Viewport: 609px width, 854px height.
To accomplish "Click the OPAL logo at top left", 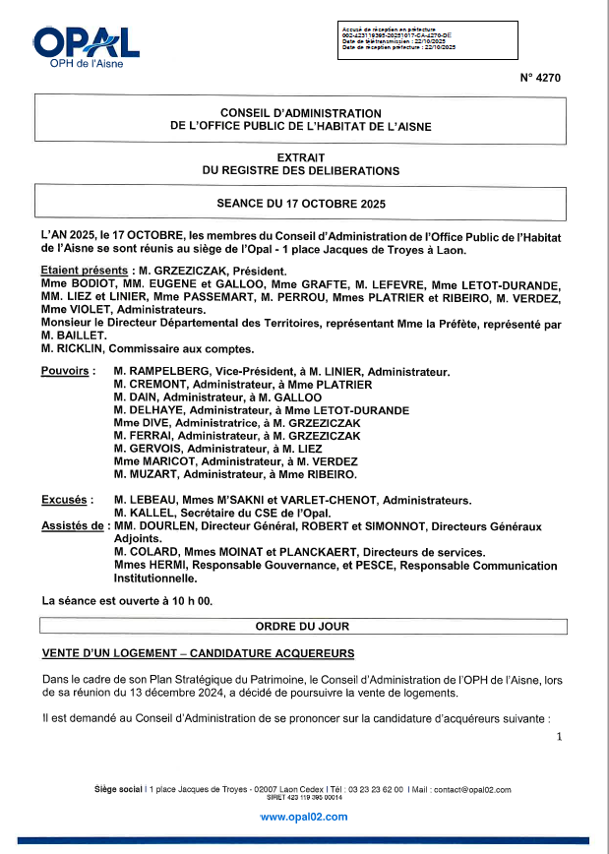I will pos(87,45).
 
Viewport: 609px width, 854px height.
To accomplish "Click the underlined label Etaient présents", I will pos(85,271).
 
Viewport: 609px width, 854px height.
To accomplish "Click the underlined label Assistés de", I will pos(72,526).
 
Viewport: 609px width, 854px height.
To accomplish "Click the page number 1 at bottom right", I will pos(558,737).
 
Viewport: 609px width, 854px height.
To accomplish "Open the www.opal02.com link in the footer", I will pos(304,817).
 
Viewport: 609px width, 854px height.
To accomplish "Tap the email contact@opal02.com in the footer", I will pos(471,790).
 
